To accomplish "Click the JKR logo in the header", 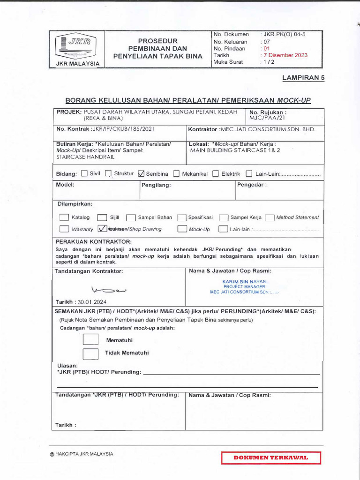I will pyautogui.click(x=77, y=45).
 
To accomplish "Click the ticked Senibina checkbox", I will pyautogui.click(x=142, y=173).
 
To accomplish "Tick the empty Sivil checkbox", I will pyautogui.click(x=84, y=173).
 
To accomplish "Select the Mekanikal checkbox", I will pyautogui.click(x=176, y=173).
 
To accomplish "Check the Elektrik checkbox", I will pyautogui.click(x=216, y=173).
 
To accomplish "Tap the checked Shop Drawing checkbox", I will pyautogui.click(x=103, y=229).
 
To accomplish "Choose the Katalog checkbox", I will pyautogui.click(x=64, y=217).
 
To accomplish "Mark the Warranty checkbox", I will pyautogui.click(x=64, y=229).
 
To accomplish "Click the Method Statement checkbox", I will pyautogui.click(x=269, y=217).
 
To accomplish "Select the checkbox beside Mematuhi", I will pyautogui.click(x=90, y=340).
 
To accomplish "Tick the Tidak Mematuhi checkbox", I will pyautogui.click(x=90, y=353).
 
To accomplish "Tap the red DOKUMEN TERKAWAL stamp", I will pyautogui.click(x=271, y=457).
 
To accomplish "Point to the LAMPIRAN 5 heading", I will pyautogui.click(x=303, y=78).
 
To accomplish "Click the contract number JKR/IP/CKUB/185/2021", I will pyautogui.click(x=123, y=128).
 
